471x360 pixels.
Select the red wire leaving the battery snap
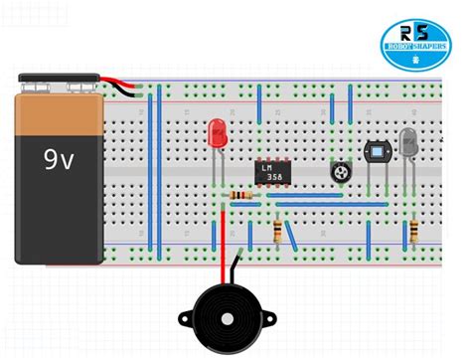pos(125,83)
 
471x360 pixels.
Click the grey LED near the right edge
pos(408,141)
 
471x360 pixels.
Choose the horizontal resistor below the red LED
pos(238,195)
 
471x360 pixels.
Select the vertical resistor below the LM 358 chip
pos(277,232)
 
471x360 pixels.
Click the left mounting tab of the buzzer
pos(186,320)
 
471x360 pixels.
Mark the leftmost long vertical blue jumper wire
pos(150,169)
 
